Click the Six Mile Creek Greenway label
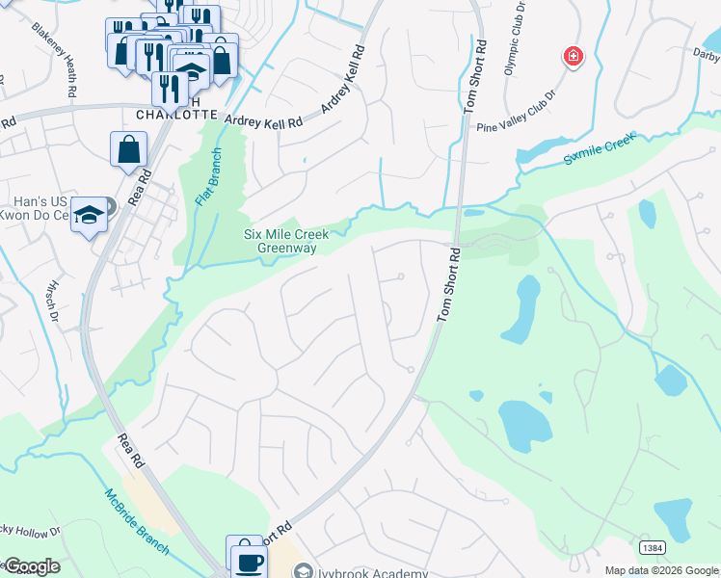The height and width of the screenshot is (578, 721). pyautogui.click(x=286, y=241)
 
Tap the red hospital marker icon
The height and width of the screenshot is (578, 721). pyautogui.click(x=574, y=58)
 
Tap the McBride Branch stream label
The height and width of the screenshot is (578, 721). pyautogui.click(x=136, y=521)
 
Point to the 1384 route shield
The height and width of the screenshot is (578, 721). pyautogui.click(x=653, y=547)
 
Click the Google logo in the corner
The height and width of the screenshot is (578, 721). pyautogui.click(x=31, y=566)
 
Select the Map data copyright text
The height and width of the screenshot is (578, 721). pyautogui.click(x=661, y=570)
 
